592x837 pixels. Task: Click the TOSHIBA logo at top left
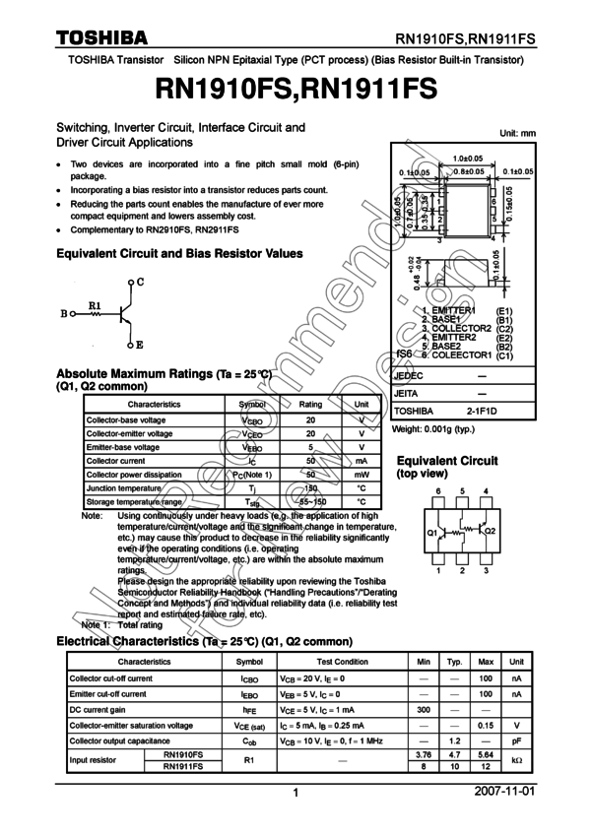click(x=100, y=37)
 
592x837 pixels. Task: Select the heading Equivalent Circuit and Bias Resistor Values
click(x=180, y=253)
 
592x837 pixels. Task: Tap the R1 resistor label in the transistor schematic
click(x=95, y=305)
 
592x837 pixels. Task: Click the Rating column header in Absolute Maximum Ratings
click(x=310, y=405)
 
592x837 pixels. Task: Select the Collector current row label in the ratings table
click(x=115, y=461)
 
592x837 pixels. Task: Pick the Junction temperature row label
click(x=123, y=488)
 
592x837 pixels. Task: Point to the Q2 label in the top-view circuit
click(x=491, y=531)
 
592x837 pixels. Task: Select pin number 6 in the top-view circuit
click(x=438, y=490)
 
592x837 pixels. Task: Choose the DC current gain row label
click(x=97, y=710)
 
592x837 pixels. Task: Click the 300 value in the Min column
click(x=424, y=710)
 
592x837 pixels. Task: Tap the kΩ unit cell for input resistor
click(x=516, y=760)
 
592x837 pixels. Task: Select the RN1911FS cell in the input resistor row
click(x=183, y=766)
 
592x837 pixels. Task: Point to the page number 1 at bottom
click(x=296, y=793)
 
